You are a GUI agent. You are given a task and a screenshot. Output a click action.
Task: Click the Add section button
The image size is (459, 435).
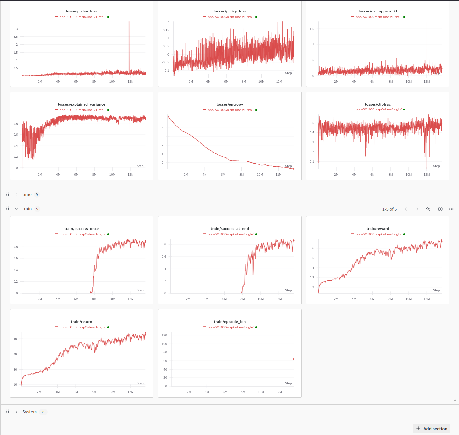point(431,429)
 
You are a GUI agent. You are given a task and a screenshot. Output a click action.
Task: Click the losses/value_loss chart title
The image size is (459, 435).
point(82,11)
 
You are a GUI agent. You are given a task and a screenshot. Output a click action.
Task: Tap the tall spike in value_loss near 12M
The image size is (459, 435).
point(129,39)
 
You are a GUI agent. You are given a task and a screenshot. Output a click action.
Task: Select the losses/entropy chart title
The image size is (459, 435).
point(229,104)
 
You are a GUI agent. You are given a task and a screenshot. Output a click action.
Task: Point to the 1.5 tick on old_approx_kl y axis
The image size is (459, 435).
point(312,29)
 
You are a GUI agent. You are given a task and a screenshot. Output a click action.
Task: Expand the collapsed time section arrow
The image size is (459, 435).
point(16,195)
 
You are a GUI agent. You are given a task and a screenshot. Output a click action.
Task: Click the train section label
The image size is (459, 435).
point(27,209)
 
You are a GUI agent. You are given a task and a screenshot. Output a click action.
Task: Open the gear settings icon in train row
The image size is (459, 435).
point(440,209)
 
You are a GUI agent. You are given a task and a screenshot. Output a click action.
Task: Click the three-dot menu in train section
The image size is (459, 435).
point(451,209)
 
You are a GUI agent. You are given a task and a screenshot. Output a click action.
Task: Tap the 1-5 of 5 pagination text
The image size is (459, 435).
point(389,209)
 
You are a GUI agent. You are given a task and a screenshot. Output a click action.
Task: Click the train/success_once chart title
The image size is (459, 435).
point(82,229)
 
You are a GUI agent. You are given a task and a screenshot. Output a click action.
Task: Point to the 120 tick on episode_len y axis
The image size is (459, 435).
point(164,335)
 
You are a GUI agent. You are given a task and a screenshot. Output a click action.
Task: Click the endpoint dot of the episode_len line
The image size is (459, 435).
point(294,359)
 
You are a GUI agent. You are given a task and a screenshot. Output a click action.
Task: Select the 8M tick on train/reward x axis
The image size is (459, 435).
point(390,299)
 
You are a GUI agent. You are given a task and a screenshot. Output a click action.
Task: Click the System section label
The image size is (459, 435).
point(30,412)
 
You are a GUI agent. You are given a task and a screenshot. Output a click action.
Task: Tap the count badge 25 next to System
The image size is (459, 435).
point(43,412)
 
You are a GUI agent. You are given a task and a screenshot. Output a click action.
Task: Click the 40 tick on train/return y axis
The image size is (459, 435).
point(15,339)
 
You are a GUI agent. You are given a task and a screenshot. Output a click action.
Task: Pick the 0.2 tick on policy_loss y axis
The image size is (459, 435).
point(167,22)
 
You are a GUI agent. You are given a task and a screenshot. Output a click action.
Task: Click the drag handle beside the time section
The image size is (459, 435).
point(8,195)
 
